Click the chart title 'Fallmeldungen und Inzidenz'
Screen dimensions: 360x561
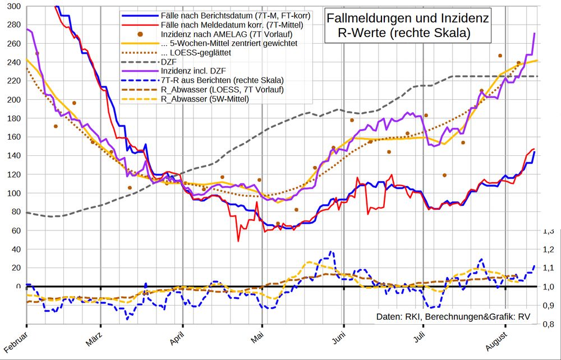click(408, 19)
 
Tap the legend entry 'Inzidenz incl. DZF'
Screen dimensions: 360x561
click(195, 70)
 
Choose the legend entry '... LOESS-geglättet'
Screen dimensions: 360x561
click(196, 52)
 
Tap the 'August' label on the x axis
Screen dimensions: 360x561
click(496, 341)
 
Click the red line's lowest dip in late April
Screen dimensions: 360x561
click(238, 241)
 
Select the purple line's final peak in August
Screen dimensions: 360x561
click(534, 34)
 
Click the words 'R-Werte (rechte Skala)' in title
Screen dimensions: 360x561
click(404, 33)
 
